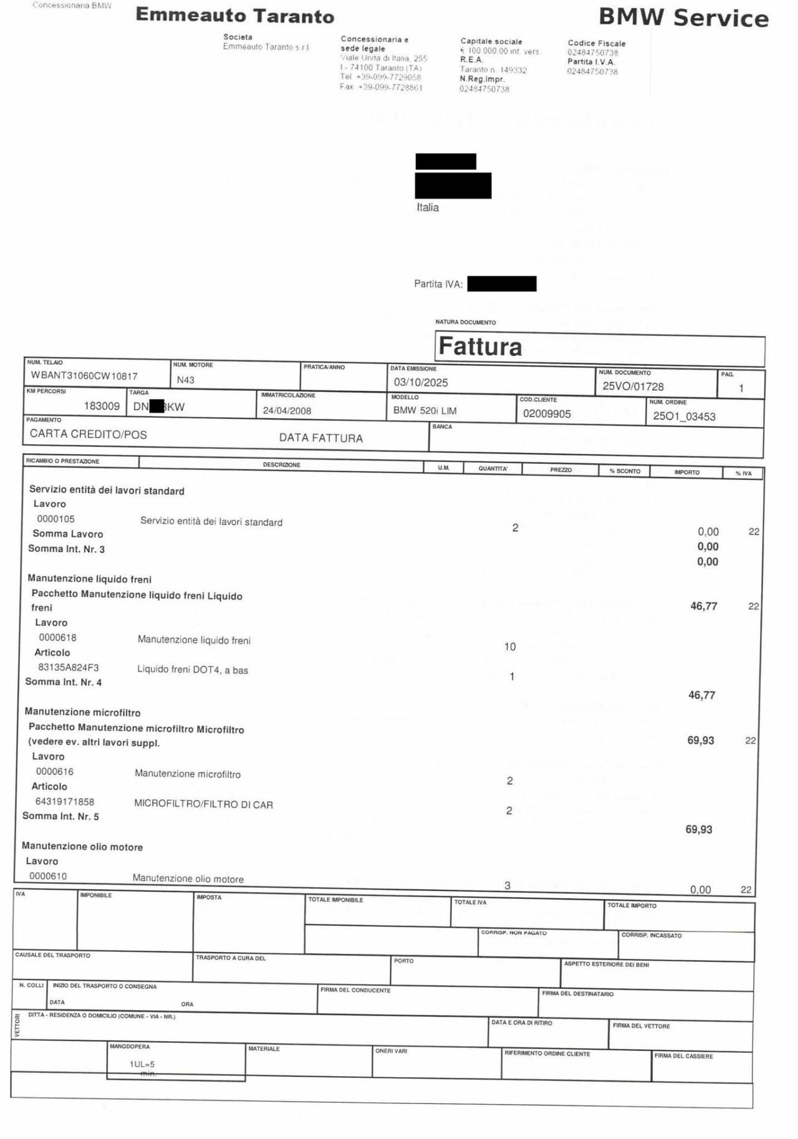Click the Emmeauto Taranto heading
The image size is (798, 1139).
click(234, 16)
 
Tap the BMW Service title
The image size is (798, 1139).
click(683, 17)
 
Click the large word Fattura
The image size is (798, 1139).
click(480, 346)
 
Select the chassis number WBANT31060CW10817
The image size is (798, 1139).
click(84, 376)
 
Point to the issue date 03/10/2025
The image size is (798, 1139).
click(421, 382)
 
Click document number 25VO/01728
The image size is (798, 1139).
click(633, 387)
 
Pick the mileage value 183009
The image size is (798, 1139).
click(102, 406)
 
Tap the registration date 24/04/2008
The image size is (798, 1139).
click(287, 411)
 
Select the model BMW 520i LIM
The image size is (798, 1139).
click(425, 411)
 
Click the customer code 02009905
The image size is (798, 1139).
click(547, 414)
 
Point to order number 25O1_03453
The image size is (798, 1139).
click(684, 416)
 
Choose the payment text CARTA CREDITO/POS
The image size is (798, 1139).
click(89, 435)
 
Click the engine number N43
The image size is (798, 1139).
click(186, 380)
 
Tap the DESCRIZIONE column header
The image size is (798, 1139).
click(281, 465)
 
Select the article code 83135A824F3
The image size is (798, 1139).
click(69, 667)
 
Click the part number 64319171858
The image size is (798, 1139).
click(65, 802)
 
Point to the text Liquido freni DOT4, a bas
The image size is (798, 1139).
click(193, 670)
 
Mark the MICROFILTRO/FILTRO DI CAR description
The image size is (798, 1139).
click(203, 804)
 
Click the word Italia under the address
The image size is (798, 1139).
click(428, 208)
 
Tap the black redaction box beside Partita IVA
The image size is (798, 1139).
click(502, 284)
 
